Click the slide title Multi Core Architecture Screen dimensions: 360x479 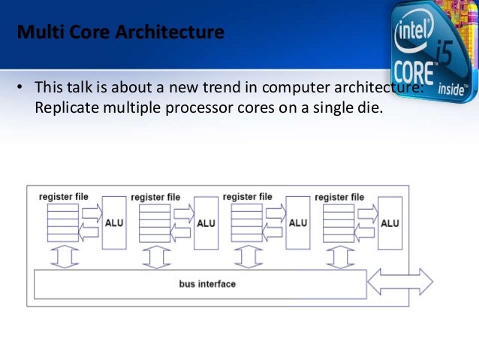[120, 33]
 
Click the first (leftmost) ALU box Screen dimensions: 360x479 [114, 222]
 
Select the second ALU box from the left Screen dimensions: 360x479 [206, 222]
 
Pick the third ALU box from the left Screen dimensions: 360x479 [298, 222]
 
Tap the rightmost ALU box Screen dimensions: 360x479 [390, 222]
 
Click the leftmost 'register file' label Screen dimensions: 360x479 [64, 197]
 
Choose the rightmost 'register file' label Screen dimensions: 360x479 [339, 197]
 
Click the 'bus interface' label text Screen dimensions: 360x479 [207, 284]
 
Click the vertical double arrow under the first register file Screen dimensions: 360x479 [64, 256]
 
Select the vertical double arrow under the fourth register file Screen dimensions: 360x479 [339, 256]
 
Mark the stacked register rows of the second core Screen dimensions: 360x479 [155, 222]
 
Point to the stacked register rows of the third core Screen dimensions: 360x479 [246, 222]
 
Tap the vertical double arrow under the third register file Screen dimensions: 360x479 [248, 256]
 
